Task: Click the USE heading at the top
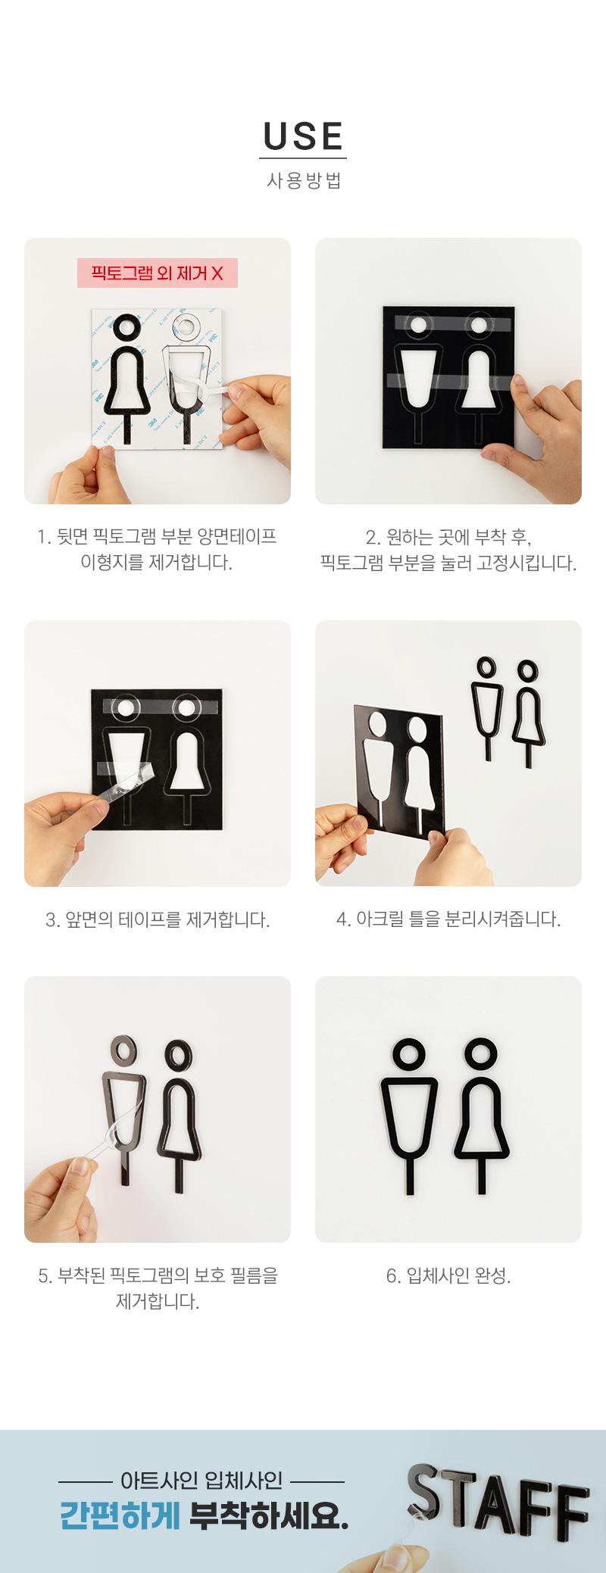(x=303, y=136)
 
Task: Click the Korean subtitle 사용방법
(x=304, y=180)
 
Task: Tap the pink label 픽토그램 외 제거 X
(x=158, y=273)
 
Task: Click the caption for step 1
(x=157, y=549)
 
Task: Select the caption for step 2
(x=448, y=550)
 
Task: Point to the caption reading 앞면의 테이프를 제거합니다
(x=158, y=919)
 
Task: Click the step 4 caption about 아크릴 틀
(x=448, y=919)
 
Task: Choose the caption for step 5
(x=158, y=1288)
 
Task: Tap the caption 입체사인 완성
(x=448, y=1276)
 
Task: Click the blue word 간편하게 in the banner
(x=120, y=1515)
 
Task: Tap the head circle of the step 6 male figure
(x=408, y=1053)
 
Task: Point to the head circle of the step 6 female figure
(x=481, y=1053)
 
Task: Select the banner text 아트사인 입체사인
(x=201, y=1481)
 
